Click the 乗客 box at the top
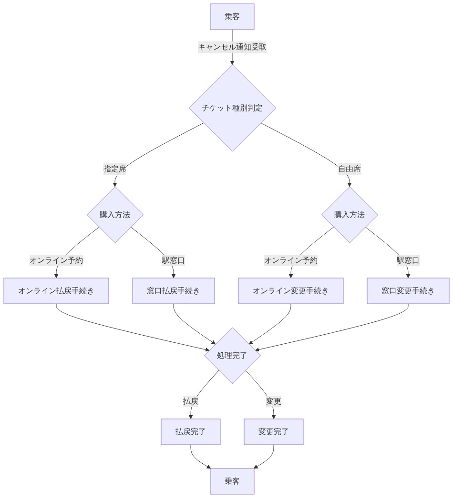coord(232,17)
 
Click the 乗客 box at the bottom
coord(232,481)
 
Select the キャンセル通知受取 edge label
coord(232,47)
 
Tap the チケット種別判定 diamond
coord(232,108)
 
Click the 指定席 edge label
coord(115,169)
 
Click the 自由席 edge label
coord(350,169)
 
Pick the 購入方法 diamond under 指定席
coord(115,215)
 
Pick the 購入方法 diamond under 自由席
coord(350,215)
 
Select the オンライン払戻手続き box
coord(56,291)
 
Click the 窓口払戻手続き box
coord(174,291)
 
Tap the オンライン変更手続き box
coord(291,291)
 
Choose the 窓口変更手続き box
coord(408,291)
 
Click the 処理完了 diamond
coord(232,356)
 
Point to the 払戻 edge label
coord(191,401)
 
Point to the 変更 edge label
coord(274,401)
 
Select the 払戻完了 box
coord(191,432)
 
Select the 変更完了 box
coord(274,432)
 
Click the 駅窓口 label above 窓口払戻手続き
coord(174,260)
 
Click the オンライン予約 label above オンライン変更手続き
coord(291,260)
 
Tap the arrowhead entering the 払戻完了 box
coord(191,417)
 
